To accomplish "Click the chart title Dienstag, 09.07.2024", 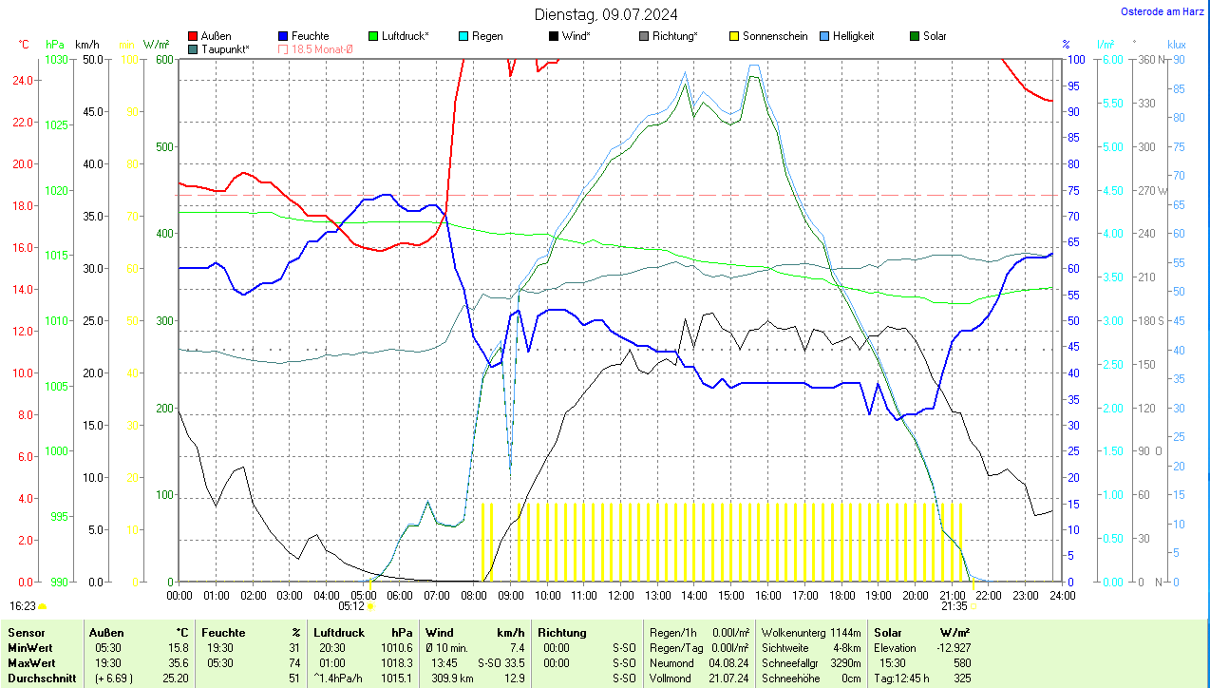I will [606, 14].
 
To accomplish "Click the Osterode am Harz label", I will [1163, 11].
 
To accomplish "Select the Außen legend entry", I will [216, 36].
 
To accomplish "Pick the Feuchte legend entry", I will [310, 36].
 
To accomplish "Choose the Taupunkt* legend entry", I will [224, 48].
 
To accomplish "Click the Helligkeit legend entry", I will [853, 36].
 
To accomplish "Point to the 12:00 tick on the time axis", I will [620, 595].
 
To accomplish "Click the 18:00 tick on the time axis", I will [841, 595].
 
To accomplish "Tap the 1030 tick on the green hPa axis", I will [57, 60].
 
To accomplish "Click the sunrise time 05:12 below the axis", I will [351, 605].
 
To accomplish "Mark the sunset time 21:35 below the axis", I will [955, 605].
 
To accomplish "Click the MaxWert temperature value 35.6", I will [176, 662].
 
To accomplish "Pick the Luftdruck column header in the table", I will [339, 632].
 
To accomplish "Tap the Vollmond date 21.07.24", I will [728, 678].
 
